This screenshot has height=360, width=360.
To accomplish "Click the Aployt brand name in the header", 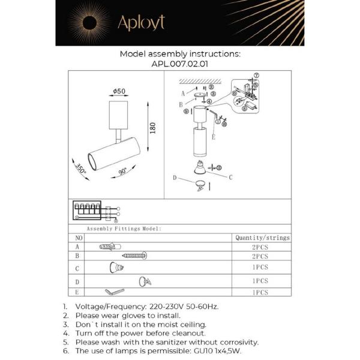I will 141,23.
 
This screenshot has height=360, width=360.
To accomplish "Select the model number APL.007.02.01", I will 180,63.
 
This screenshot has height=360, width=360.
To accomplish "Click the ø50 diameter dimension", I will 119,91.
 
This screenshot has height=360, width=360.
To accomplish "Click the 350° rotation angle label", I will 80,167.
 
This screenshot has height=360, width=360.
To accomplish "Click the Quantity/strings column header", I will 262,238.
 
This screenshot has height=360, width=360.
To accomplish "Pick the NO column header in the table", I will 77,238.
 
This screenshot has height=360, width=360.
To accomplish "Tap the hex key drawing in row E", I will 114,292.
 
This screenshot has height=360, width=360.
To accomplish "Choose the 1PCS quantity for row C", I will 260,268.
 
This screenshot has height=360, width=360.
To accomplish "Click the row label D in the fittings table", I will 77,281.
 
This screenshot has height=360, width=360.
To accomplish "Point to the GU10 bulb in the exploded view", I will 197,167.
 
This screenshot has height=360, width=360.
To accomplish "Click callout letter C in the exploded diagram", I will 230,177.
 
